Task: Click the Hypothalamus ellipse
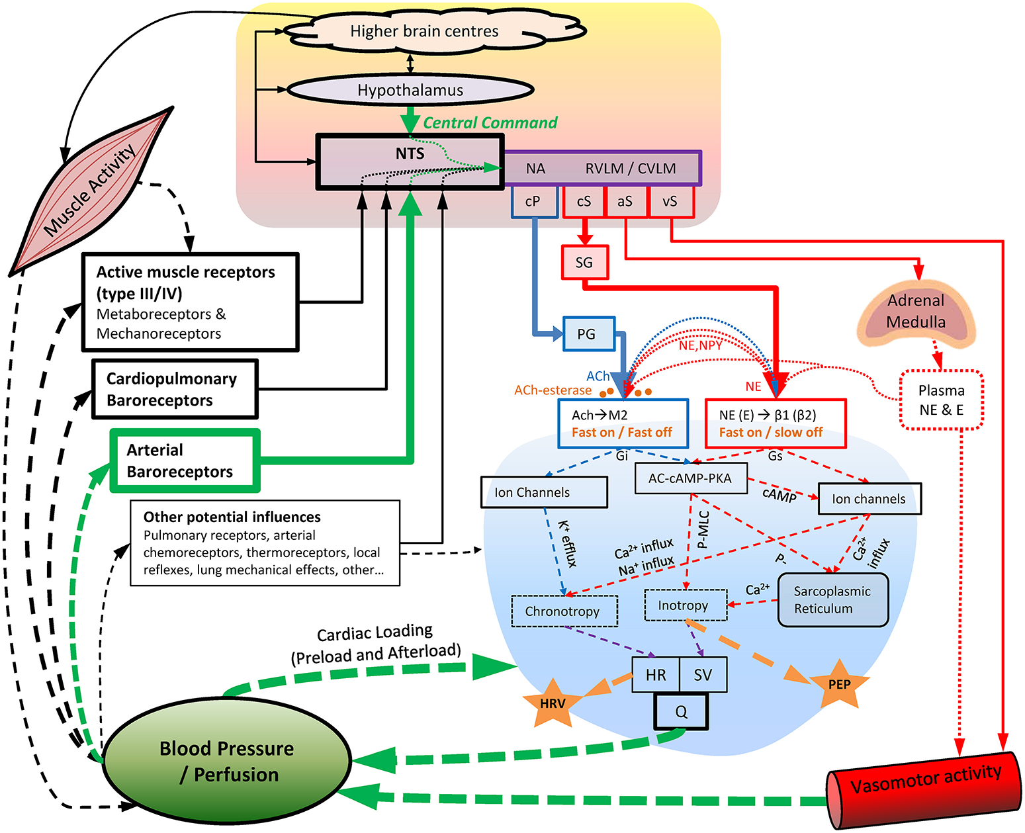click(410, 90)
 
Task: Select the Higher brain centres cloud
click(424, 30)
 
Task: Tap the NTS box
click(410, 162)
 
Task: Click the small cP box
click(533, 202)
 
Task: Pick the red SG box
click(584, 263)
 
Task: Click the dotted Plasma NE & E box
click(942, 400)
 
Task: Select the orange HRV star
click(553, 703)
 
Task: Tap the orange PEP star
click(839, 684)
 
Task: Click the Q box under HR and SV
click(681, 712)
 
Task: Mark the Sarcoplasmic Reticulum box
click(832, 600)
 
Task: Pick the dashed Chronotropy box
click(564, 611)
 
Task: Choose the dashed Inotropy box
click(686, 605)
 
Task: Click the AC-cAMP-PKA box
click(691, 478)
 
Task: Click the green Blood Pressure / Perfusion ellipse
click(227, 761)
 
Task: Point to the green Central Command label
click(490, 123)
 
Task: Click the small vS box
click(670, 202)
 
